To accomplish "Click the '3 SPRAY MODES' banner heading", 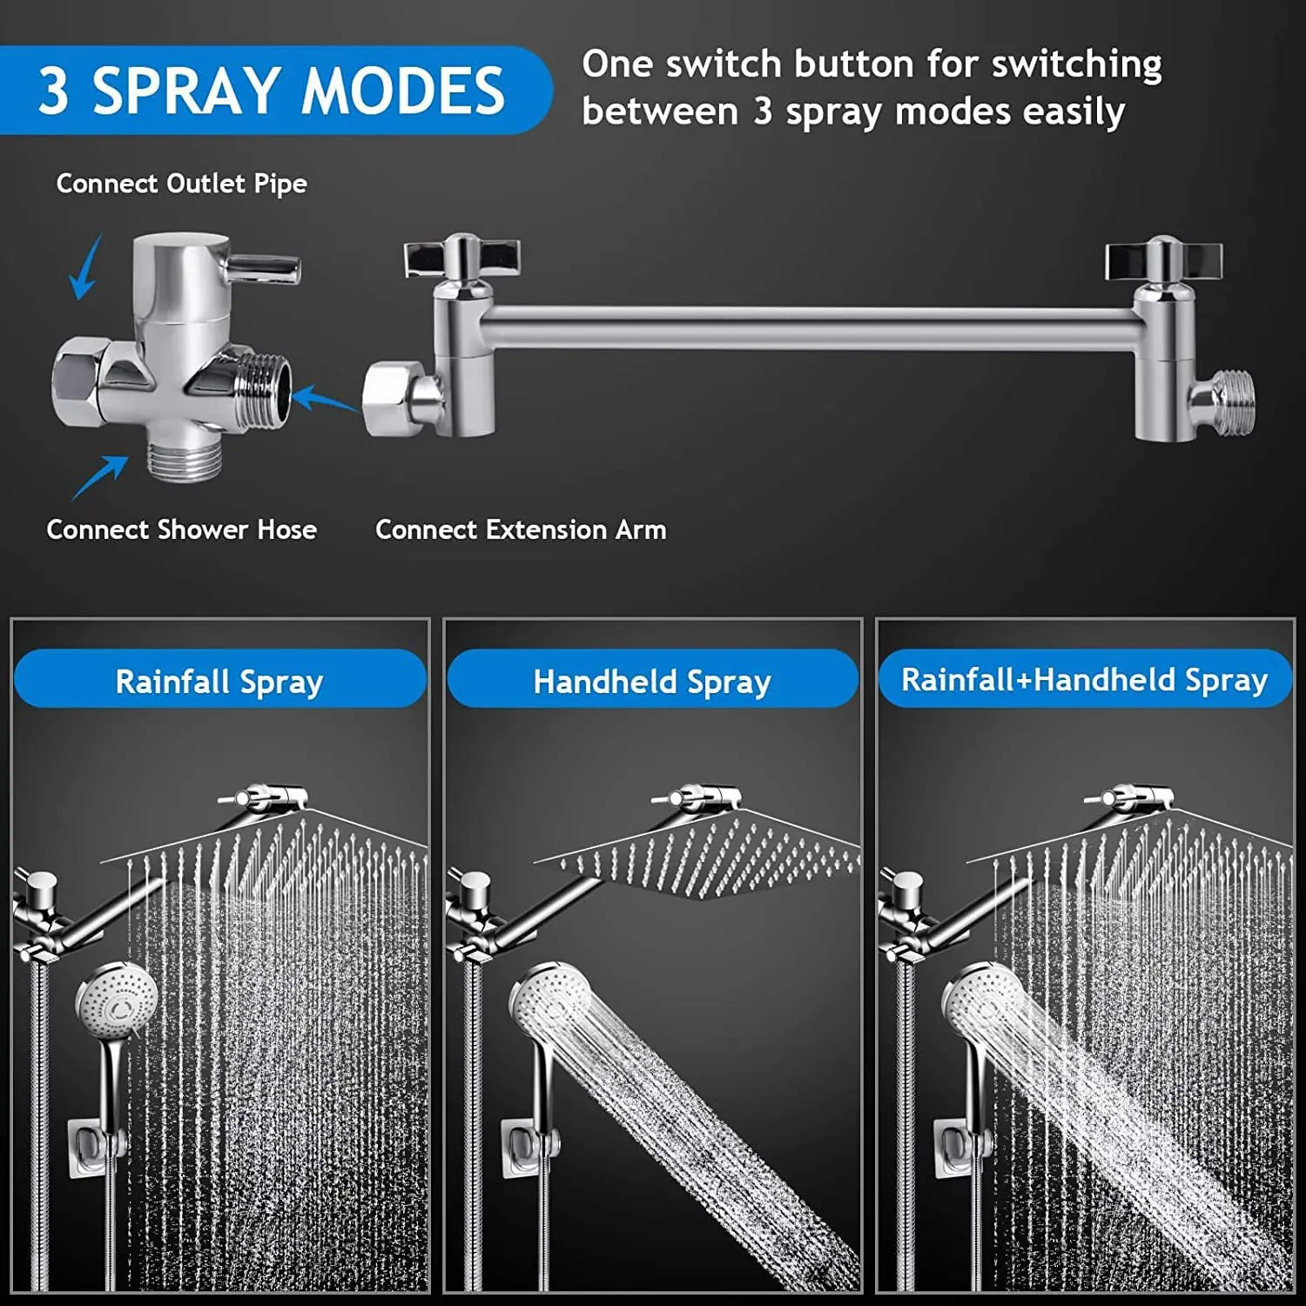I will click(271, 91).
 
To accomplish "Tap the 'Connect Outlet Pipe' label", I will click(181, 184).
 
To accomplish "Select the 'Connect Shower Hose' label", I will click(181, 529).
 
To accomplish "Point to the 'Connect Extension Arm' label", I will click(521, 529).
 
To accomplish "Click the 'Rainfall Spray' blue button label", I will click(219, 681).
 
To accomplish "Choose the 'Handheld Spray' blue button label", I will click(652, 681).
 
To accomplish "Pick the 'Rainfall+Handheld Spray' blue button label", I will click(1084, 679).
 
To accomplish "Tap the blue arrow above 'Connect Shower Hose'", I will click(99, 477).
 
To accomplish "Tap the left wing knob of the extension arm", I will click(461, 258).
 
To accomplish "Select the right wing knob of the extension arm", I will click(1163, 259).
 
